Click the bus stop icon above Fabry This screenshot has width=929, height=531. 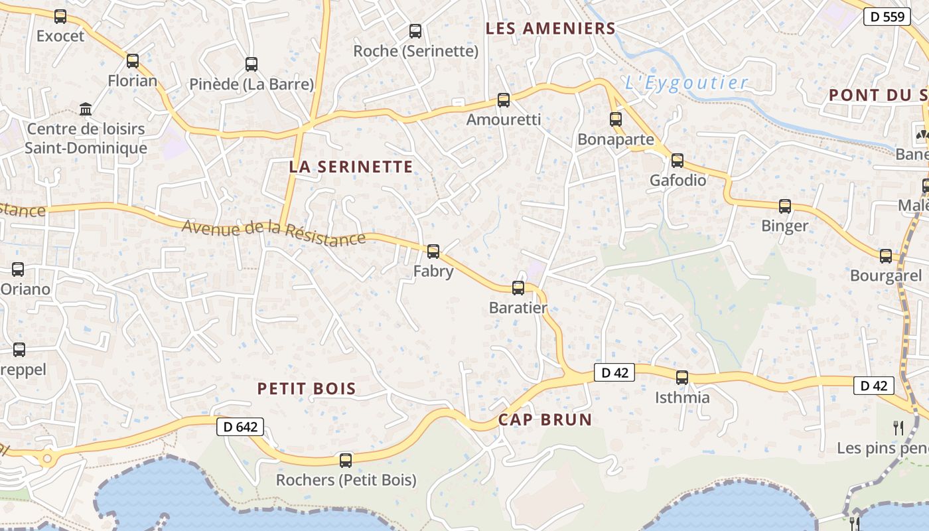click(433, 251)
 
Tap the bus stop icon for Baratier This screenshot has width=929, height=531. click(518, 288)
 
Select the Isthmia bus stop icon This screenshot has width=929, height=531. click(682, 378)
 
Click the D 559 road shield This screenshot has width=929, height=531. click(887, 17)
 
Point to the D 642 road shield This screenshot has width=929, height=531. click(240, 427)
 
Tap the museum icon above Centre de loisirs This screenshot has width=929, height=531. click(86, 108)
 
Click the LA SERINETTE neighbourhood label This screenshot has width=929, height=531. click(351, 167)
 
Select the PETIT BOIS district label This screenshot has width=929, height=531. click(307, 389)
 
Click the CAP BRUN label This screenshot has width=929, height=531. click(545, 419)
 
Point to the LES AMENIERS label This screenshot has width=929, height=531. click(551, 29)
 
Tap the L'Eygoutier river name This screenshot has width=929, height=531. click(687, 83)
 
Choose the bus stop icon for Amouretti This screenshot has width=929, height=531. click(504, 100)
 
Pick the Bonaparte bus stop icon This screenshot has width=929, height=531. click(616, 119)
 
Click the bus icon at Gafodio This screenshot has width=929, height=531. click(678, 161)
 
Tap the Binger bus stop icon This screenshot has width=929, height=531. click(785, 206)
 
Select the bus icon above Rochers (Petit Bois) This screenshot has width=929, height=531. click(346, 460)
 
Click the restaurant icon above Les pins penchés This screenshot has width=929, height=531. click(898, 428)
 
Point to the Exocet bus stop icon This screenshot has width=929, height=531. click(60, 17)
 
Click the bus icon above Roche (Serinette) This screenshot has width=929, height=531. click(415, 31)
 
